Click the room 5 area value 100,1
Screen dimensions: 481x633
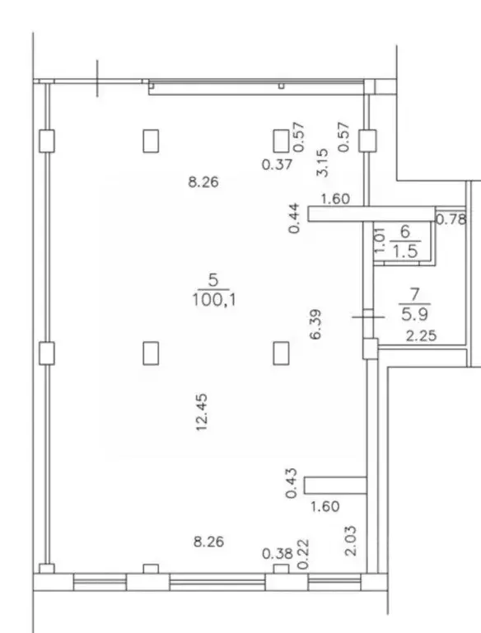[214, 300]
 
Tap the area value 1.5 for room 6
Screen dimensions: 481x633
[405, 251]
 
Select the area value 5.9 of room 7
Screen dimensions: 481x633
[414, 314]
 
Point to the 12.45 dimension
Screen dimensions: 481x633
[201, 412]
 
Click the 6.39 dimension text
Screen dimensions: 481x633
[315, 324]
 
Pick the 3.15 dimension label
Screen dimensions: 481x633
[322, 162]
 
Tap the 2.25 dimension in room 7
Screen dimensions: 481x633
[421, 336]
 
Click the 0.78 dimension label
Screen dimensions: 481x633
[451, 219]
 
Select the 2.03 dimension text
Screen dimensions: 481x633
[350, 541]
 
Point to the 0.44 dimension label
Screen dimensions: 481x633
[294, 218]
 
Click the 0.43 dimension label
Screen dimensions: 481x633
[291, 483]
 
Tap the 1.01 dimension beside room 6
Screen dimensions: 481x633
[380, 240]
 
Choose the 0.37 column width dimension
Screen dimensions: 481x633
[277, 164]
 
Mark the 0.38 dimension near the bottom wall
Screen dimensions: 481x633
[278, 554]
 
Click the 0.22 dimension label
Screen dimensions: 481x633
[303, 554]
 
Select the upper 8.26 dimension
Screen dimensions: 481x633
[203, 182]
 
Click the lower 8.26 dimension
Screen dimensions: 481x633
[208, 542]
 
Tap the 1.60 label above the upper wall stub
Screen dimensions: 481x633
[335, 199]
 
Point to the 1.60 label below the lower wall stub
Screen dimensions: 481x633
[325, 506]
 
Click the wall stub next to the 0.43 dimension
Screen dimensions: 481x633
[335, 485]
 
